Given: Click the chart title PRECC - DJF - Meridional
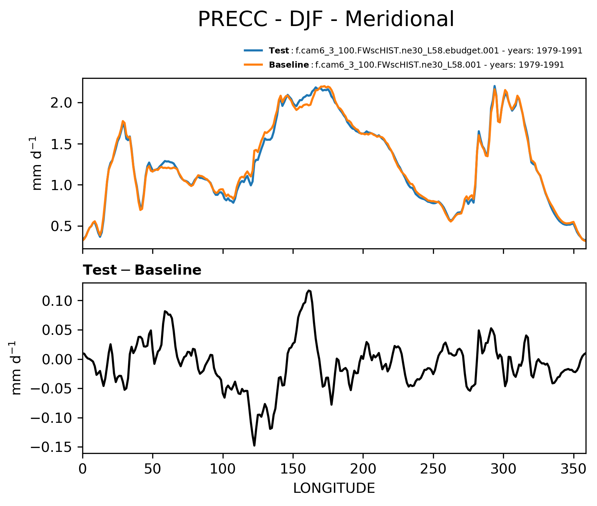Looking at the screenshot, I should coord(326,19).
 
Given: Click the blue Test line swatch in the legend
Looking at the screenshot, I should coord(253,51).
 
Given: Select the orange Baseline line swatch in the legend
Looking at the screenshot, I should coord(253,65).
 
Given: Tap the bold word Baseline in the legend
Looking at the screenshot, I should coord(289,65).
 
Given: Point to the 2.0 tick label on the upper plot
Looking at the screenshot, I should coord(61,103).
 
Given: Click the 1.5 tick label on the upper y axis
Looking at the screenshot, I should coord(61,144).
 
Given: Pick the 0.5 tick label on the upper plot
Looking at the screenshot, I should coord(61,226).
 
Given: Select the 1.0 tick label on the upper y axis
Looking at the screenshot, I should coord(61,185).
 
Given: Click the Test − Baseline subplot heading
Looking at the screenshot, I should coord(142,270).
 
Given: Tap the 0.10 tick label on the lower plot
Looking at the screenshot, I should coord(56,301).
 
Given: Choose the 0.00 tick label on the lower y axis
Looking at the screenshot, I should coord(56,359).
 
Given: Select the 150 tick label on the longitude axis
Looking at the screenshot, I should coord(293,469).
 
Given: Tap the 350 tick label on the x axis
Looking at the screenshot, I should coord(573,469).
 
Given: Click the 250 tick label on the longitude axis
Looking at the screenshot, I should coord(433,469).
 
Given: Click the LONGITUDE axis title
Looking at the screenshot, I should coord(334,488).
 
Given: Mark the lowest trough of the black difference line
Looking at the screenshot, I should coord(254,445).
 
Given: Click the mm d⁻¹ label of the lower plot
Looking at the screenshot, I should coord(17,368).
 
